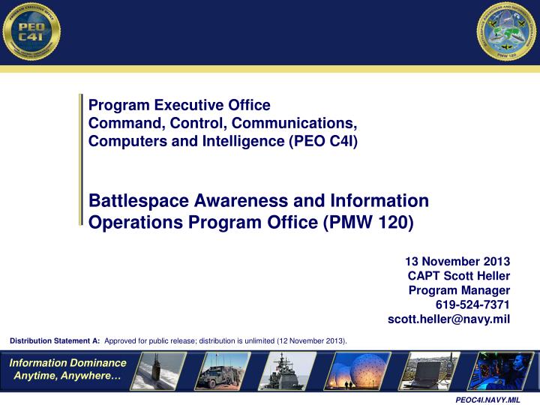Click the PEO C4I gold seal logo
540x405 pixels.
(31, 32)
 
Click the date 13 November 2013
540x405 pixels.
(457, 261)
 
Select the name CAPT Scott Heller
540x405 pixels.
(459, 276)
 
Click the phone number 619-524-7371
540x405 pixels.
(472, 304)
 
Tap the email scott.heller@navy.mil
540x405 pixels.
(448, 319)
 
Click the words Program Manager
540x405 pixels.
(459, 290)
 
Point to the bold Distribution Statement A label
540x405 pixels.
(55, 340)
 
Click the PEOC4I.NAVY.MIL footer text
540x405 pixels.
(488, 400)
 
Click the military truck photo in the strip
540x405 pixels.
(223, 371)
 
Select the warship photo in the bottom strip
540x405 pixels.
(288, 371)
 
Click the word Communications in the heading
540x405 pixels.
(300, 121)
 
